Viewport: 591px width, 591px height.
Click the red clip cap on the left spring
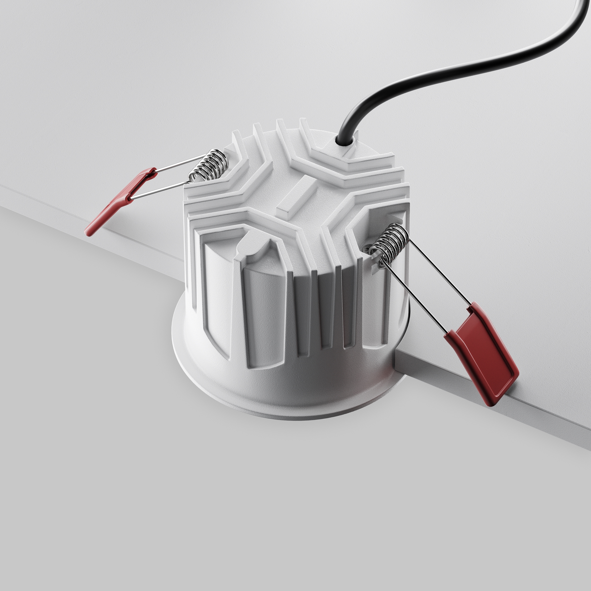pyautogui.click(x=122, y=199)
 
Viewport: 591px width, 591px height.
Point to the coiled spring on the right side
pyautogui.click(x=390, y=242)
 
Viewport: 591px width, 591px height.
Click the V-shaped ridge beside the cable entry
pyautogui.click(x=349, y=162)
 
